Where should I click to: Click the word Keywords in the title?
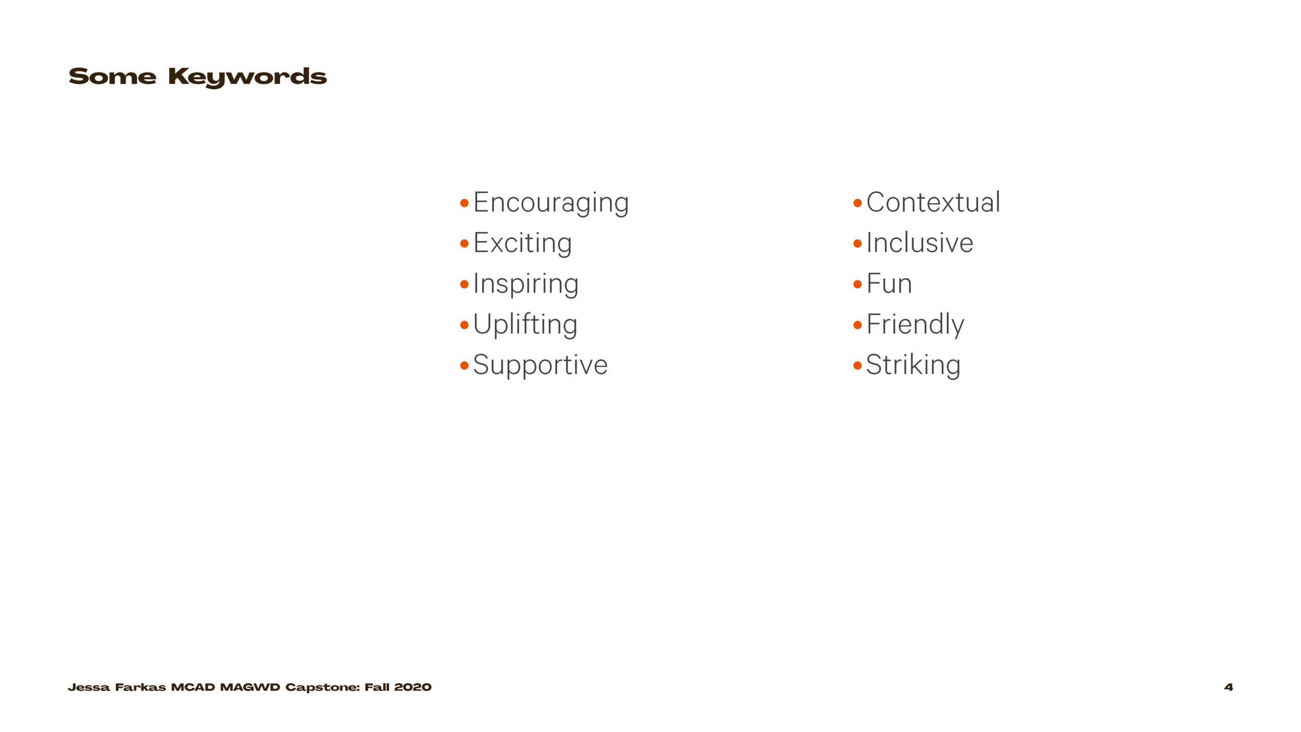click(x=247, y=77)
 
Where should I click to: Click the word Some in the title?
click(x=112, y=76)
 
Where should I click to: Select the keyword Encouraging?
click(x=551, y=203)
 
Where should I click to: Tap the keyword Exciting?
click(x=522, y=243)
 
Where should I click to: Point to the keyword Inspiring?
click(x=525, y=284)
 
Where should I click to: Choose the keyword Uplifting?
click(x=525, y=325)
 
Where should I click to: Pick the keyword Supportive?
click(x=540, y=365)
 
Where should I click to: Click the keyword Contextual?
click(x=933, y=202)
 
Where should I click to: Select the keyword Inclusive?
click(x=920, y=242)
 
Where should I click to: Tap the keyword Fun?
click(x=889, y=284)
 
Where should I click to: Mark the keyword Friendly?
click(x=915, y=325)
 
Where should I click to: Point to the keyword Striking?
click(x=913, y=365)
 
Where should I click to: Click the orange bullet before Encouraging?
click(x=464, y=203)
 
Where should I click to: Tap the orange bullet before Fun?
click(x=857, y=284)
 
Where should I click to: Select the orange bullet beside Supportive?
click(x=464, y=365)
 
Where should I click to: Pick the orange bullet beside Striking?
click(x=857, y=365)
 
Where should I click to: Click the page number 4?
click(x=1228, y=687)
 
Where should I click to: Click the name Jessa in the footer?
click(x=88, y=687)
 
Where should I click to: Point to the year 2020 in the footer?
click(x=413, y=687)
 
